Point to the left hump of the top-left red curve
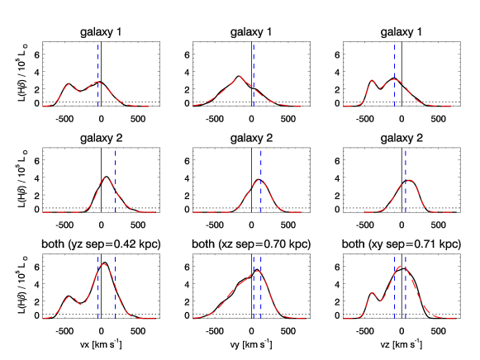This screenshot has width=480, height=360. pos(70,84)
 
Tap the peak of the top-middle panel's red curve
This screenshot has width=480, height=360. pos(240,77)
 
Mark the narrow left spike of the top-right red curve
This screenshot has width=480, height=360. pos(372,80)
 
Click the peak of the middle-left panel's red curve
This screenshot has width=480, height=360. pos(107,178)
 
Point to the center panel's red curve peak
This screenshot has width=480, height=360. pos(259,180)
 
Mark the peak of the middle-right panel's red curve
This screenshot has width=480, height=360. pos(409,180)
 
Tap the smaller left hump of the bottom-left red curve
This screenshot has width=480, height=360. pos(71,297)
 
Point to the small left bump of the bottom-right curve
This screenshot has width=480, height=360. pos(373,292)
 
